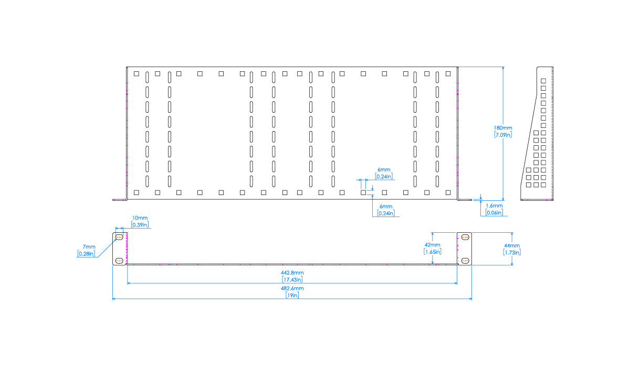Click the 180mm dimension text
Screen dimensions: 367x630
[x=503, y=128]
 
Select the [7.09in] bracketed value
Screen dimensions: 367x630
[x=503, y=135]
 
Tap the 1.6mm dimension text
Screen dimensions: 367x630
[x=494, y=206]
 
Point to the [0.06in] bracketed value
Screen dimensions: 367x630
[x=494, y=213]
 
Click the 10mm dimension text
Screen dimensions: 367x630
[x=140, y=218]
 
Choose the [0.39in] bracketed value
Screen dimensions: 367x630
[x=140, y=225]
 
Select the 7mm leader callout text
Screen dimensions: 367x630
[x=89, y=247]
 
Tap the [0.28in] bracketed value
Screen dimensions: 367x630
[x=87, y=254]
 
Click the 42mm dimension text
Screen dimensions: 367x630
[x=433, y=245]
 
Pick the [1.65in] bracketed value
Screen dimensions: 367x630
[x=433, y=252]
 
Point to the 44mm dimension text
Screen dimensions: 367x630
[x=511, y=245]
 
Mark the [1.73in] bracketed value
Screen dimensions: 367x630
[x=511, y=252]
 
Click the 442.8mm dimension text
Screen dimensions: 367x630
[x=292, y=273]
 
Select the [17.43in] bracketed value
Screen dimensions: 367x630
[x=292, y=279]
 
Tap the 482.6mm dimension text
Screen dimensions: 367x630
[x=292, y=288]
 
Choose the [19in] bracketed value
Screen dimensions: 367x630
[x=292, y=295]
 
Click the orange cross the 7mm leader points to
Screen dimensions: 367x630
[x=119, y=237]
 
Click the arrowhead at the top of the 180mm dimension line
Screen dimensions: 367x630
[x=503, y=69]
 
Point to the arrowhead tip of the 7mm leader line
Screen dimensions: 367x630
[x=115, y=240]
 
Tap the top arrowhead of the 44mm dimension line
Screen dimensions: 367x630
[x=512, y=234]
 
